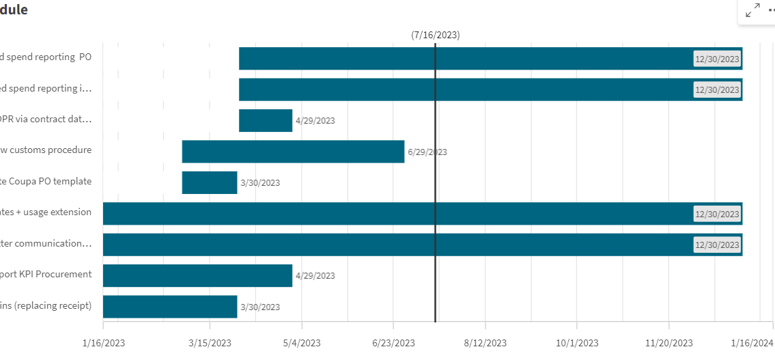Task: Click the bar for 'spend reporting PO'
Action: (464, 58)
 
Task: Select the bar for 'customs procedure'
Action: (293, 152)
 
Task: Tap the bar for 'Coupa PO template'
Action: (210, 182)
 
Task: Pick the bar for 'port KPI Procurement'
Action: (197, 275)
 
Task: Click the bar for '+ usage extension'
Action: (396, 213)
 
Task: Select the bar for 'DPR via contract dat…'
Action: (266, 120)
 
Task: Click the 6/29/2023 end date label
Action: (427, 152)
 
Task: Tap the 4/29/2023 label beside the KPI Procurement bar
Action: (315, 276)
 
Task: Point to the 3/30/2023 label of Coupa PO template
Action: (260, 183)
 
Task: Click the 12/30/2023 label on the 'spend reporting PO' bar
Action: (717, 59)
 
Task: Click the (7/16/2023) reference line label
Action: (435, 35)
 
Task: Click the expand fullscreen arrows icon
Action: (753, 11)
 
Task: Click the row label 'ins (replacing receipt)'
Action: (46, 305)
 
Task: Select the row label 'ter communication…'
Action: (46, 243)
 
